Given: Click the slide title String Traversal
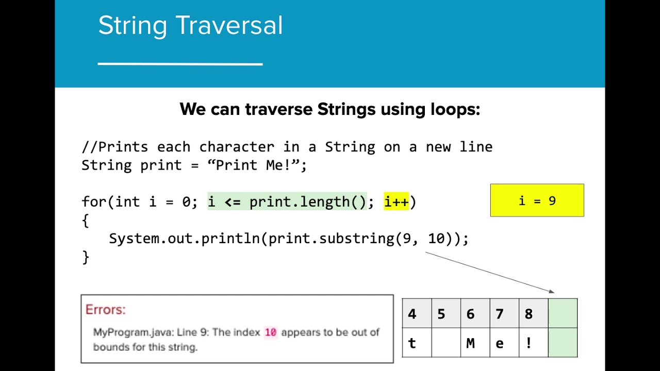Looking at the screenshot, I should pos(190,26).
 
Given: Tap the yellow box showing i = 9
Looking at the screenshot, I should pos(537,200).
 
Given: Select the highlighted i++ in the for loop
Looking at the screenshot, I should pos(396,202).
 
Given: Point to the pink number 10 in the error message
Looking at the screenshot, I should pos(271,332).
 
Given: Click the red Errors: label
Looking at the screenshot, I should pos(106,310).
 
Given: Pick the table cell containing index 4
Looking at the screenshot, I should pos(417,313).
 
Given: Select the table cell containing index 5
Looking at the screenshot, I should pos(445,313).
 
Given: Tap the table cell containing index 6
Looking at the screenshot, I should pos(475,313).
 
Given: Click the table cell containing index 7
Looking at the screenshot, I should pos(504,313).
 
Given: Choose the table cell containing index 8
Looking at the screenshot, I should pos(533,313).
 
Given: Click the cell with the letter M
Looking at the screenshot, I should pos(475,343).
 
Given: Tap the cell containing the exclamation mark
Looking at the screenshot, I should pos(533,343).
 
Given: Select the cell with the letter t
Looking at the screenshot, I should pos(417,343).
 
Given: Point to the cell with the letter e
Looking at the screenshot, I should pos(504,343).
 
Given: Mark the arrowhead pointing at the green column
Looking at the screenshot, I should pos(552,292).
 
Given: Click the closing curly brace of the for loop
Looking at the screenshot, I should pos(86,257).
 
